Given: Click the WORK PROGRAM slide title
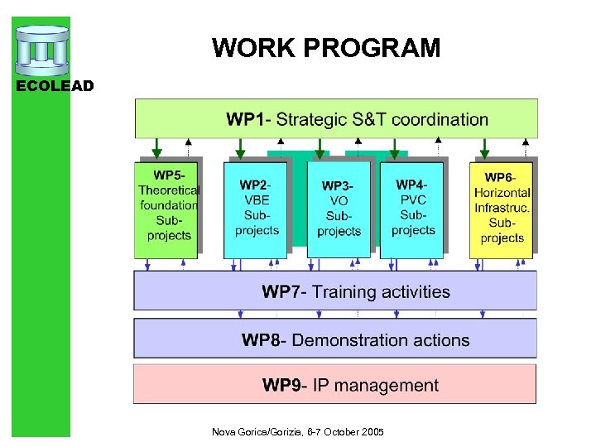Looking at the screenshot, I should [x=326, y=48].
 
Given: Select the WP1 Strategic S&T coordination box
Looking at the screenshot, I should [x=336, y=119].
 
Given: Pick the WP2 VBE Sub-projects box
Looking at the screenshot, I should [x=256, y=209].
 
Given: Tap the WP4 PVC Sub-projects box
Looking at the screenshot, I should [x=411, y=209].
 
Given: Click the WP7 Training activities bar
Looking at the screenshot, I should [x=335, y=291].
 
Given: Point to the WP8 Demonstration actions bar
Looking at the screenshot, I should [x=335, y=340].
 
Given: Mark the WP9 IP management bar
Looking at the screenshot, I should [x=335, y=385].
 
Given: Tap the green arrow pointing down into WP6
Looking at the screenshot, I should [x=485, y=149].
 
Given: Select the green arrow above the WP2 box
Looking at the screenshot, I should [x=240, y=149].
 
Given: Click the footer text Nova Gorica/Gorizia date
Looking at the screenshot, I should [x=297, y=432].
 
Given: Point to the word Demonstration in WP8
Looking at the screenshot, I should [x=355, y=340].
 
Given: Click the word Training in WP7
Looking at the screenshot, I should [x=346, y=291].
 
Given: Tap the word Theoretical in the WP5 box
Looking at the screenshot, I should [x=169, y=190].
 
